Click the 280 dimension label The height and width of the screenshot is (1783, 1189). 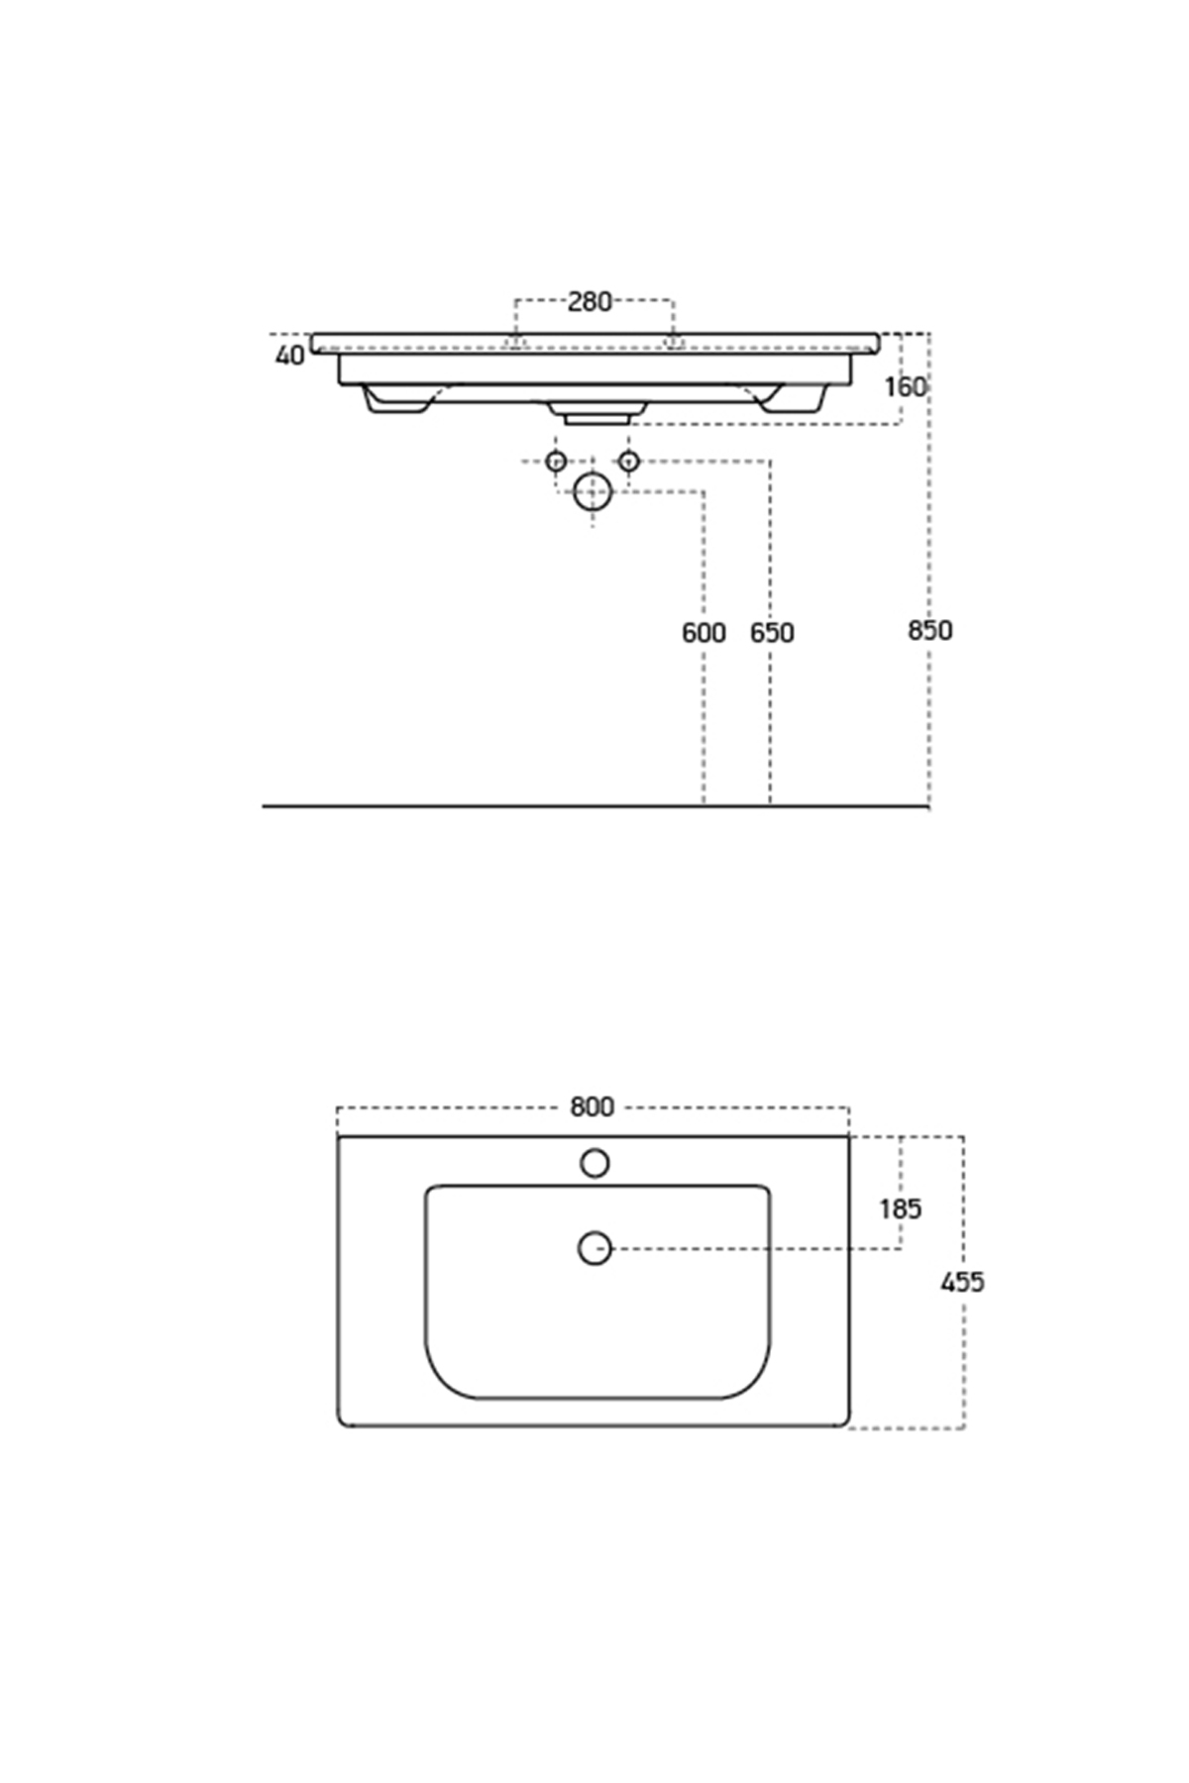[590, 301]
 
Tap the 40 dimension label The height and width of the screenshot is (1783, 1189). [290, 355]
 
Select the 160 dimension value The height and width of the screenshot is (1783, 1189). [906, 386]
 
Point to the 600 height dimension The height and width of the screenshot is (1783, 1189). [703, 632]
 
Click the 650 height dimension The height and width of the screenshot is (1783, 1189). [772, 632]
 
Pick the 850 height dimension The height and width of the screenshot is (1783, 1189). [929, 630]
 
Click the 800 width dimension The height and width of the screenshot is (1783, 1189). [593, 1106]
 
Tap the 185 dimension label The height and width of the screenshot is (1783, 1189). [901, 1208]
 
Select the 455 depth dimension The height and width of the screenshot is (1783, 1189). [962, 1282]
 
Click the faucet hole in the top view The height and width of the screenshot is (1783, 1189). [594, 1163]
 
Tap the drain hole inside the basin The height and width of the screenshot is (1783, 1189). [594, 1248]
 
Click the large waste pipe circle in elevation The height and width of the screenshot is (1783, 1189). [593, 491]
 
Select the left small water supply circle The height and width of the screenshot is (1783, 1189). [556, 461]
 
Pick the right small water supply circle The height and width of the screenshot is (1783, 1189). [628, 461]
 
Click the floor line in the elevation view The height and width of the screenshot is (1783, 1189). [594, 806]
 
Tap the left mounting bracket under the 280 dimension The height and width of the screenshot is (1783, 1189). [514, 343]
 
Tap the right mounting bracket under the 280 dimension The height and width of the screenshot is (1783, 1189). [674, 343]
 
